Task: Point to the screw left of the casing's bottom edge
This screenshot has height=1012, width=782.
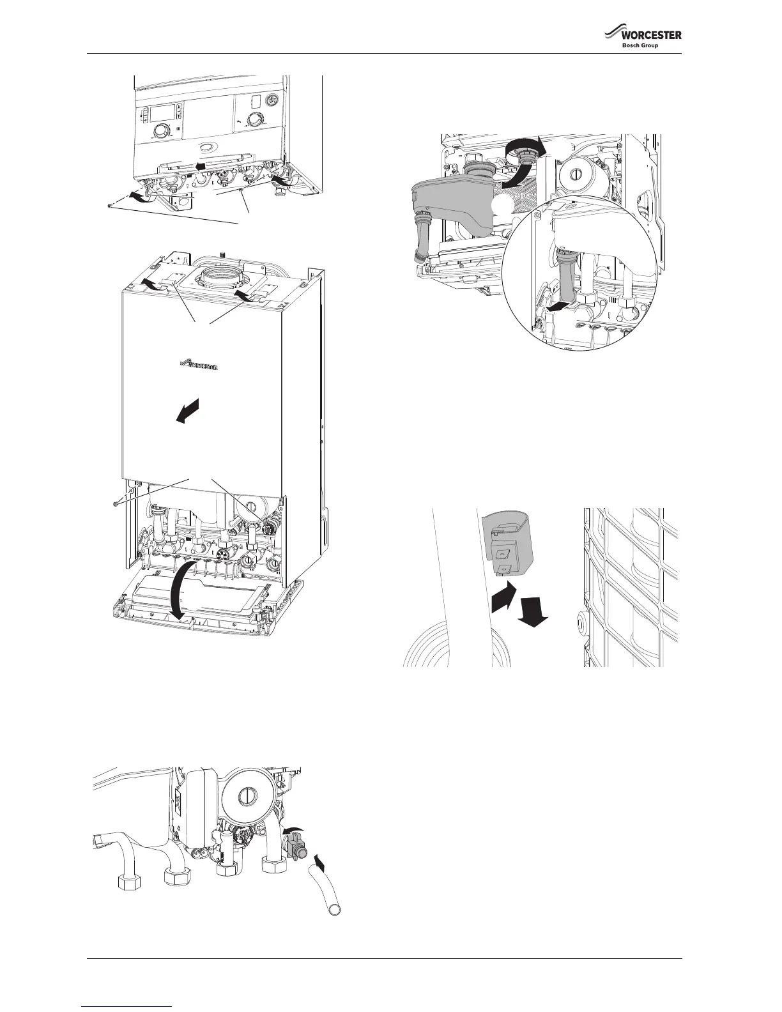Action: click(x=114, y=505)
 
